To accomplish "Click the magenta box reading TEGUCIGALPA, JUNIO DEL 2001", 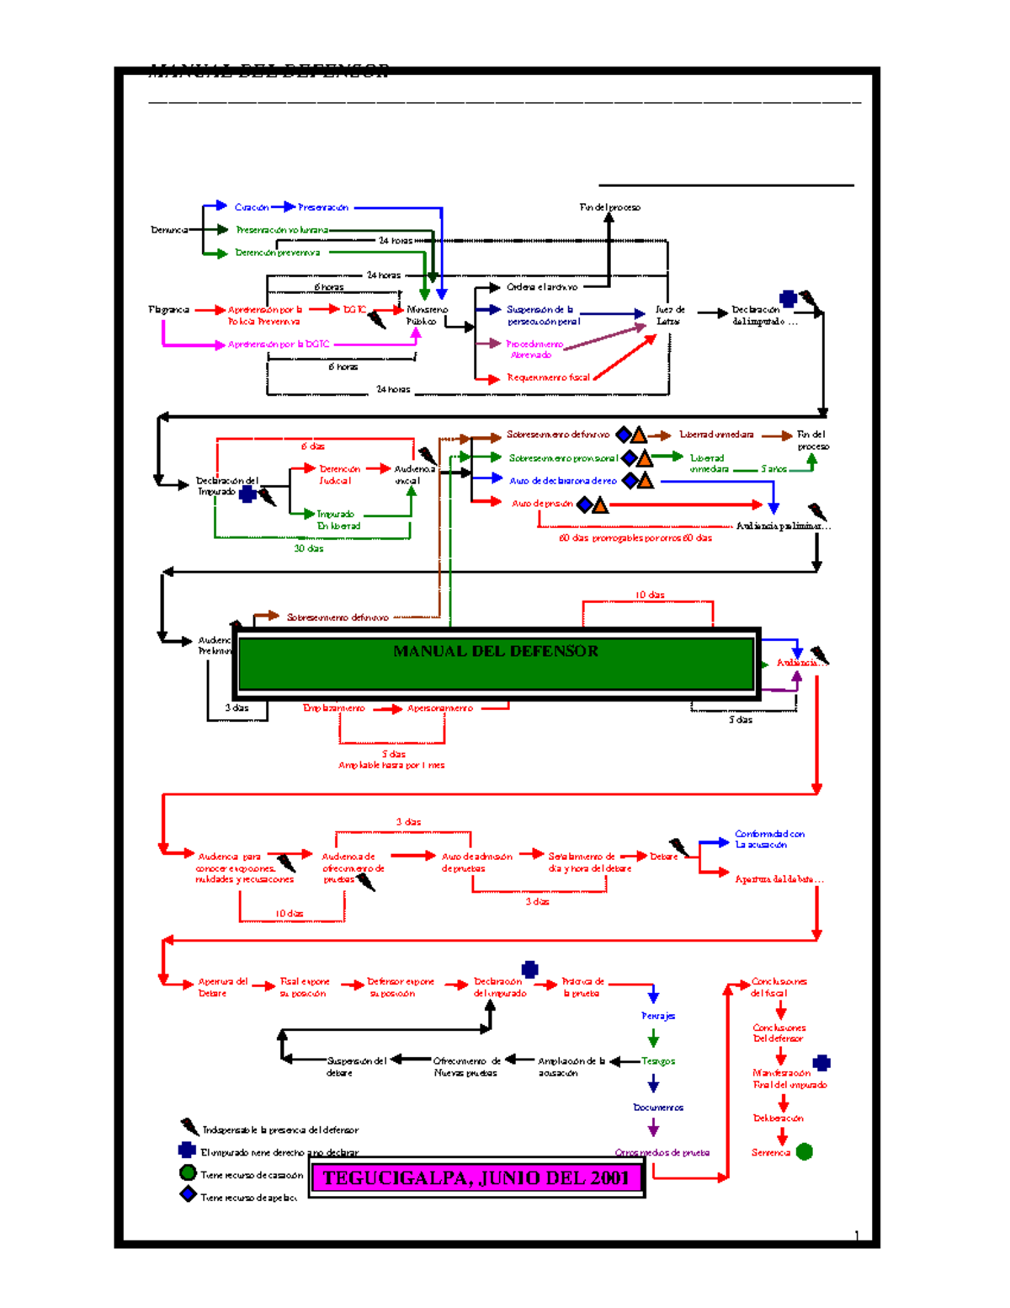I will pyautogui.click(x=476, y=1177).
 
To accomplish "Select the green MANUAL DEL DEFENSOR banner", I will pyautogui.click(x=496, y=663).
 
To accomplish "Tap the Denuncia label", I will pyautogui.click(x=169, y=230).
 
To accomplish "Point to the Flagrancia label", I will pyautogui.click(x=169, y=310).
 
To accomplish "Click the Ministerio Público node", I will pyautogui.click(x=427, y=315).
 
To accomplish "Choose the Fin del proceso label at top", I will pyautogui.click(x=609, y=207).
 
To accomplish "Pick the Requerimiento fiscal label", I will pyautogui.click(x=548, y=377).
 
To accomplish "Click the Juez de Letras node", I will pyautogui.click(x=670, y=315).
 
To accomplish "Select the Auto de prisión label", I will pyautogui.click(x=542, y=504).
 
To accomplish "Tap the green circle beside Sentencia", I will pyautogui.click(x=805, y=1151).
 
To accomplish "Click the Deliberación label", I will pyautogui.click(x=779, y=1118).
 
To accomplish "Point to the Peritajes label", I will pyautogui.click(x=658, y=1016).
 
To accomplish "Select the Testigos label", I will pyautogui.click(x=658, y=1061).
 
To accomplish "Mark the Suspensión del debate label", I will pyautogui.click(x=356, y=1066).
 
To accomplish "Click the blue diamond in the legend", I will pyautogui.click(x=189, y=1194).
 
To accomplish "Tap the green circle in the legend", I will pyautogui.click(x=188, y=1172).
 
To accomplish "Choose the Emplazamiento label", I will pyautogui.click(x=334, y=708).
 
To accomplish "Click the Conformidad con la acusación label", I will pyautogui.click(x=768, y=839).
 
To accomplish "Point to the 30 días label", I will pyautogui.click(x=309, y=548).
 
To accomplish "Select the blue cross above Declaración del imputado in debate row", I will pyautogui.click(x=529, y=969).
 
